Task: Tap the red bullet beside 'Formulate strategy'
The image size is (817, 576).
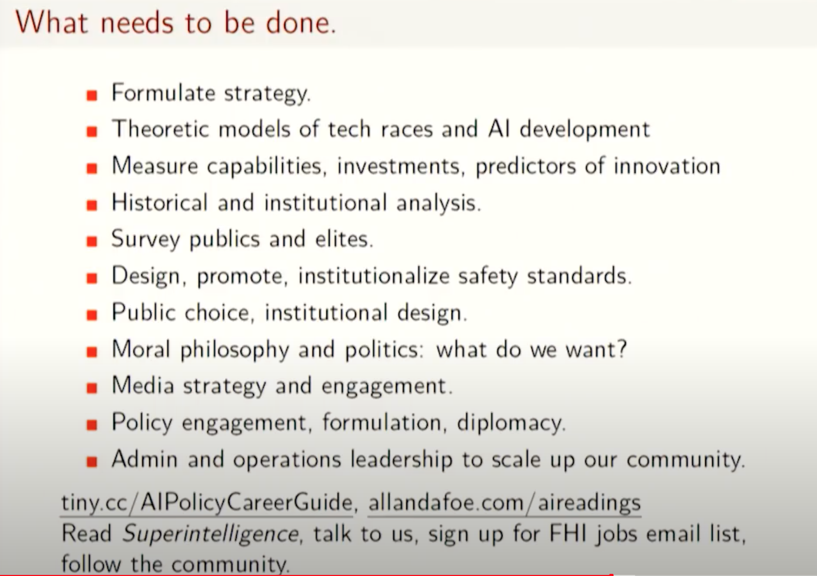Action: (92, 95)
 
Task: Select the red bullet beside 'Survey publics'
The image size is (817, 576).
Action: (92, 242)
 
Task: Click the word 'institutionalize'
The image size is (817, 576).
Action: (374, 276)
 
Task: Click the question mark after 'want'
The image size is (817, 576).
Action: (621, 349)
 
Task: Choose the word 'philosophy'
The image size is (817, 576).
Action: (235, 350)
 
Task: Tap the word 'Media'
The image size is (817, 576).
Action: (143, 385)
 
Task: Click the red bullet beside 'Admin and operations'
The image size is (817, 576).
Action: (92, 461)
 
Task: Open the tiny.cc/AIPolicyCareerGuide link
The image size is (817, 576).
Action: (207, 503)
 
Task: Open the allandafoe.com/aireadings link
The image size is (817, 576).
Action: (505, 503)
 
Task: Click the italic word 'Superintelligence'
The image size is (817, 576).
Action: (210, 534)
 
